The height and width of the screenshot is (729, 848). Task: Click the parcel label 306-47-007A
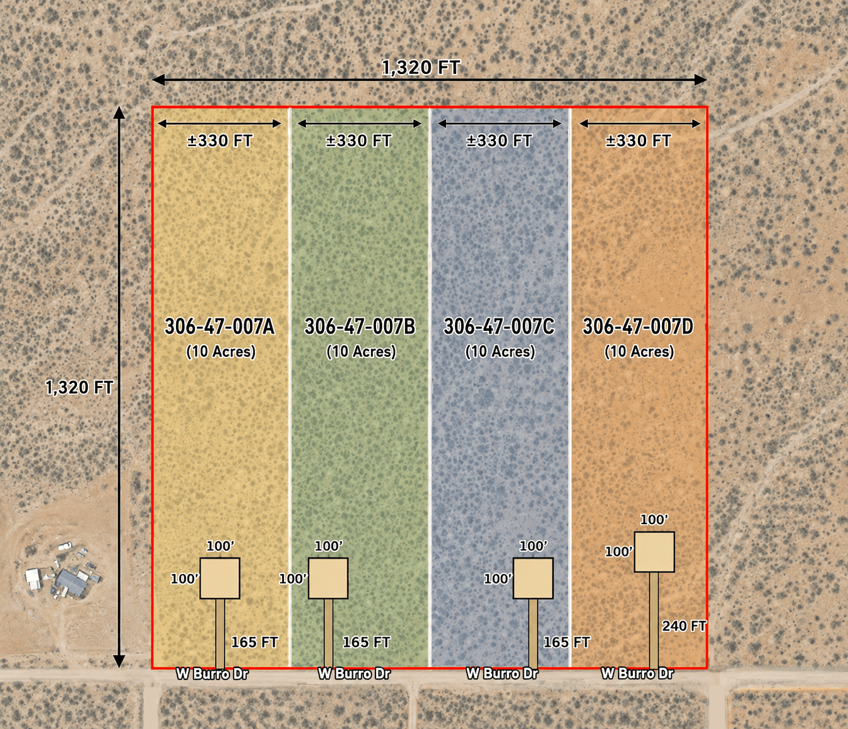click(219, 327)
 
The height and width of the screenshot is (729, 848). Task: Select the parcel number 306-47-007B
click(360, 327)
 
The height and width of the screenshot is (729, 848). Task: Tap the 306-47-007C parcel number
click(499, 327)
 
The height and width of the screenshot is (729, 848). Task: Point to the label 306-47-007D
click(638, 327)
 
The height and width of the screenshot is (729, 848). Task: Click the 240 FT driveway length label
click(684, 626)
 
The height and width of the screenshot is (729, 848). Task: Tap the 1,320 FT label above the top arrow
click(421, 68)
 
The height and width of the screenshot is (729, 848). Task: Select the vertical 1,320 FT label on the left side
click(79, 387)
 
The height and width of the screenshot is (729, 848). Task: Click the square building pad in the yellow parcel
click(220, 578)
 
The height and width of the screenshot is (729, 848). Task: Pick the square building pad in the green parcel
click(328, 578)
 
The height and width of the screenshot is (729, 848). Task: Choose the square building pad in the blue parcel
click(533, 578)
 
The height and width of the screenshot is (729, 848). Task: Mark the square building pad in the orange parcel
click(654, 552)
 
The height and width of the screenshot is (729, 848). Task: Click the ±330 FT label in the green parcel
click(359, 141)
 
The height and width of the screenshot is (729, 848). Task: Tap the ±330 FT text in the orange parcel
click(639, 141)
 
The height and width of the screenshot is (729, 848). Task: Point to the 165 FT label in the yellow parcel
click(254, 642)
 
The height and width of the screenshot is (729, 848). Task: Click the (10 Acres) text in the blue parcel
click(500, 352)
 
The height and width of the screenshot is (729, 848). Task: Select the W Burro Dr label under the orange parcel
click(637, 673)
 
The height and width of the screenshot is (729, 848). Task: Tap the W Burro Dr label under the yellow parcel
click(212, 674)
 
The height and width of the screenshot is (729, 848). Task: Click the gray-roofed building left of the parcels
click(72, 582)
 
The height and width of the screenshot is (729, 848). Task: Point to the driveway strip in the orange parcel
click(654, 621)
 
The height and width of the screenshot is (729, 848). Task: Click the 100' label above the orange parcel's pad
click(654, 520)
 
